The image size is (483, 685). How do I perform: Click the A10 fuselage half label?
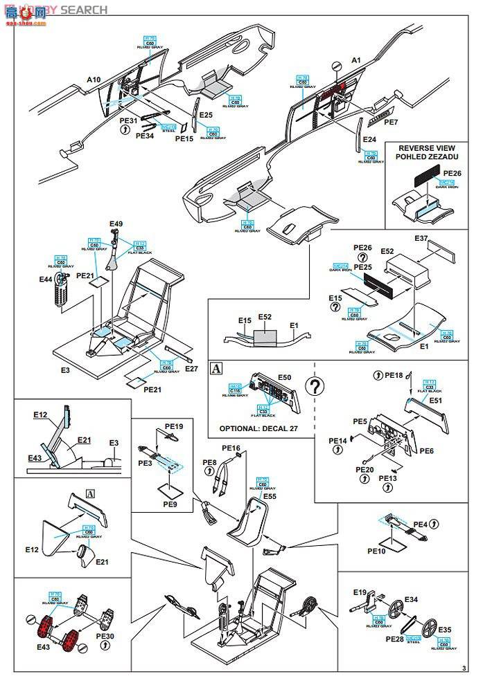94,80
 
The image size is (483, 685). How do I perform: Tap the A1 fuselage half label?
357,61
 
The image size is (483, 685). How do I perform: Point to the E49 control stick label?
116,224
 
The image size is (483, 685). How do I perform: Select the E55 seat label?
270,496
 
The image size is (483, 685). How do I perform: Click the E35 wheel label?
444,630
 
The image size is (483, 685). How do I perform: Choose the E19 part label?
358,593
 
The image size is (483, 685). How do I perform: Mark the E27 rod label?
191,369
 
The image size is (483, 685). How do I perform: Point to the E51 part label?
435,401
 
